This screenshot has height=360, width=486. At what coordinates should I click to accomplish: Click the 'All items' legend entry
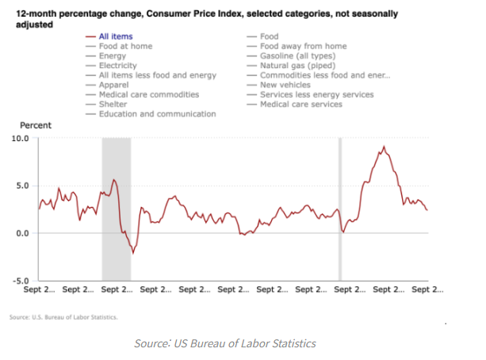(x=116, y=36)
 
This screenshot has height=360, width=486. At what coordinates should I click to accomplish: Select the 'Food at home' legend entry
(x=125, y=46)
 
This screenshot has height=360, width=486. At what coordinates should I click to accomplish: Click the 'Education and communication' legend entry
(x=157, y=114)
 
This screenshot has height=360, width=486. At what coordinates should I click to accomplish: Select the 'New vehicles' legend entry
(x=285, y=85)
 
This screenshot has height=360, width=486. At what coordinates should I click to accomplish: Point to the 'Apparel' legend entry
(x=114, y=85)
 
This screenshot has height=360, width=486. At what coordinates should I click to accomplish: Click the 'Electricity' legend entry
(x=119, y=66)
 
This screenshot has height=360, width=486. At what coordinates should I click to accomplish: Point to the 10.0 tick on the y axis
(x=20, y=138)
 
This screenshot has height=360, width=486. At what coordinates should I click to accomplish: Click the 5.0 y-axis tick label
(x=22, y=186)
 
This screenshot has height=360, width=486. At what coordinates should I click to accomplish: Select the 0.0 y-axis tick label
(x=22, y=233)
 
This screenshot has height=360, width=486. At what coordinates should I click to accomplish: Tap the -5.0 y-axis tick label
(x=21, y=281)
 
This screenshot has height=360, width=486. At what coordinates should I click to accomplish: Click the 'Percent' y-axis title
(x=35, y=125)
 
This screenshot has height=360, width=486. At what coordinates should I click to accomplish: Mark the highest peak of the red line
(x=385, y=147)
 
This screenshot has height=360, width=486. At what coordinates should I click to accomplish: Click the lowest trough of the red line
(x=133, y=253)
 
